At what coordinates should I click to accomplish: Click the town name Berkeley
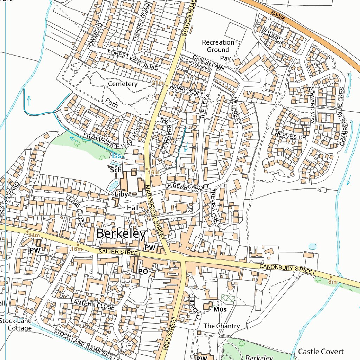(x=121, y=234)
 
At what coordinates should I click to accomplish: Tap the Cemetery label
(x=123, y=84)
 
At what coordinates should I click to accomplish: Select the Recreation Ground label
(x=218, y=46)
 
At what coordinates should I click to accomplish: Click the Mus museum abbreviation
(x=220, y=310)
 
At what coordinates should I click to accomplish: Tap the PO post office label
(x=143, y=271)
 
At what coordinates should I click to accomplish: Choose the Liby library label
(x=121, y=194)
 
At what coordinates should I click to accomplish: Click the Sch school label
(x=116, y=170)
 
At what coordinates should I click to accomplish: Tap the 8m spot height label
(x=332, y=282)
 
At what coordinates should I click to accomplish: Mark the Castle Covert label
(x=321, y=352)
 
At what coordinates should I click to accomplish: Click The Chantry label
(x=221, y=326)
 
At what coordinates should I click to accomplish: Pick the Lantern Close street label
(x=93, y=304)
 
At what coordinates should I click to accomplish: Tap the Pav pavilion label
(x=225, y=58)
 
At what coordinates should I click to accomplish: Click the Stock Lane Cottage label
(x=15, y=324)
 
